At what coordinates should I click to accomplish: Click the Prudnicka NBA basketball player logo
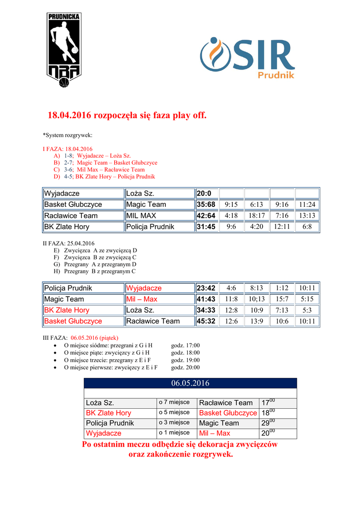(x=64, y=50)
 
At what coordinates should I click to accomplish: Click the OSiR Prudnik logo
(x=247, y=58)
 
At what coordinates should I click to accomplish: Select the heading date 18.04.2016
(x=70, y=116)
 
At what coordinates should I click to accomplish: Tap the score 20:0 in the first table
(x=204, y=193)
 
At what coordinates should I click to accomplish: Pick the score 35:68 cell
(x=206, y=204)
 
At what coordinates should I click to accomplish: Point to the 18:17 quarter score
(x=256, y=216)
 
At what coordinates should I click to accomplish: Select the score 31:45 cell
(x=206, y=227)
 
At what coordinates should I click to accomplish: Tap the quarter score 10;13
(x=256, y=299)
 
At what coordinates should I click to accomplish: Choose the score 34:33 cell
(x=206, y=310)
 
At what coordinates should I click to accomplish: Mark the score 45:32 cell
(x=206, y=321)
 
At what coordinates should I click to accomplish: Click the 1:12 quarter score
(x=282, y=288)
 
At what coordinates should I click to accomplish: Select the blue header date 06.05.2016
(x=190, y=383)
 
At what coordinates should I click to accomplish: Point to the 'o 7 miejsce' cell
(x=174, y=402)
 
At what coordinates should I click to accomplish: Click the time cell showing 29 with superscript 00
(x=268, y=423)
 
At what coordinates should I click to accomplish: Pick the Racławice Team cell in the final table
(x=226, y=403)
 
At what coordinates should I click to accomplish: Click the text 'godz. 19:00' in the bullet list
(x=185, y=360)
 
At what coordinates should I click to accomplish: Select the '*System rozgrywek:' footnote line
(x=68, y=135)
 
